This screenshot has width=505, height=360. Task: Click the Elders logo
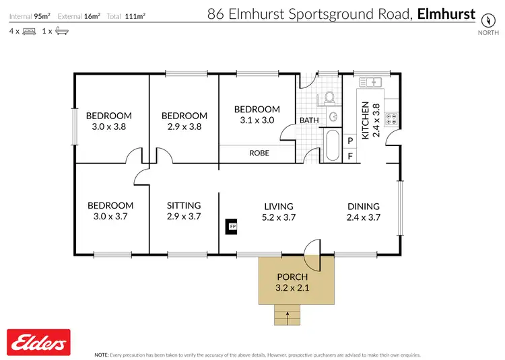tap(39, 343)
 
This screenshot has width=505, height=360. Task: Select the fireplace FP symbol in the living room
tap(232, 227)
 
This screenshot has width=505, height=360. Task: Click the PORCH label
tap(292, 277)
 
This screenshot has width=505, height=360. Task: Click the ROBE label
tap(259, 153)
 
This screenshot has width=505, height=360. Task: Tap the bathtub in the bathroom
tap(332, 146)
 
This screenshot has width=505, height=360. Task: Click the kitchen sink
tap(371, 82)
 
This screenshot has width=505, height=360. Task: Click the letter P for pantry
tap(350, 141)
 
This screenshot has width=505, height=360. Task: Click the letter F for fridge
tap(350, 156)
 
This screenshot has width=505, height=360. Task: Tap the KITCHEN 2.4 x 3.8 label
tap(371, 120)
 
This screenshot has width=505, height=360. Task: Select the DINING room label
tap(364, 207)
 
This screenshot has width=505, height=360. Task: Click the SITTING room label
tap(184, 205)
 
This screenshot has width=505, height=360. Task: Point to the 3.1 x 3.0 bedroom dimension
tap(257, 120)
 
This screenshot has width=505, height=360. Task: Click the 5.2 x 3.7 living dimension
tap(278, 217)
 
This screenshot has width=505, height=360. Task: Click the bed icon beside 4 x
tap(29, 32)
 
